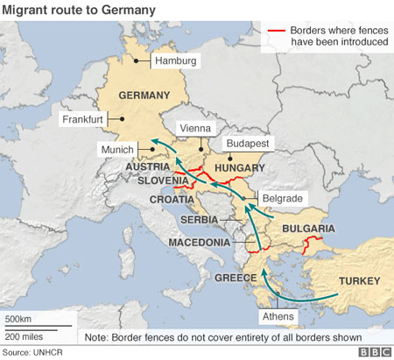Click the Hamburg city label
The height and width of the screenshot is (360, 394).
tap(175, 61)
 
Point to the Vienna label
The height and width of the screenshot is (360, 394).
tap(195, 128)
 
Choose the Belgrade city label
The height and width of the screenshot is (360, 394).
tap(282, 199)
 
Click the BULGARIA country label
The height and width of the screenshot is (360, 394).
tap(308, 229)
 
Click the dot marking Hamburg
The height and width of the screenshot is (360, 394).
tap(137, 60)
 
